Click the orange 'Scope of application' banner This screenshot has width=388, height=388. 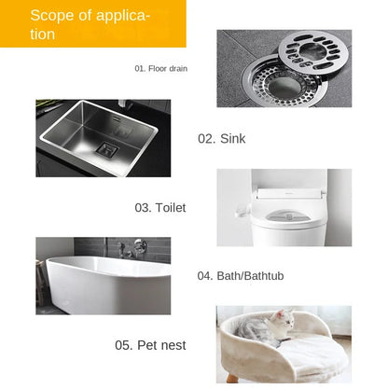(93, 23)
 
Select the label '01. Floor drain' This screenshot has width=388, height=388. (160, 68)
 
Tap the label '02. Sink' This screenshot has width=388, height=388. (221, 138)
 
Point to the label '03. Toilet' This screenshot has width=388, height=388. (160, 207)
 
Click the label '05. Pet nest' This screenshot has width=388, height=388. (150, 345)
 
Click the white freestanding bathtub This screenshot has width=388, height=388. (103, 284)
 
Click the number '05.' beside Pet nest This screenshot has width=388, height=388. (124, 345)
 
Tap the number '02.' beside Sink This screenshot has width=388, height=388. (206, 138)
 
